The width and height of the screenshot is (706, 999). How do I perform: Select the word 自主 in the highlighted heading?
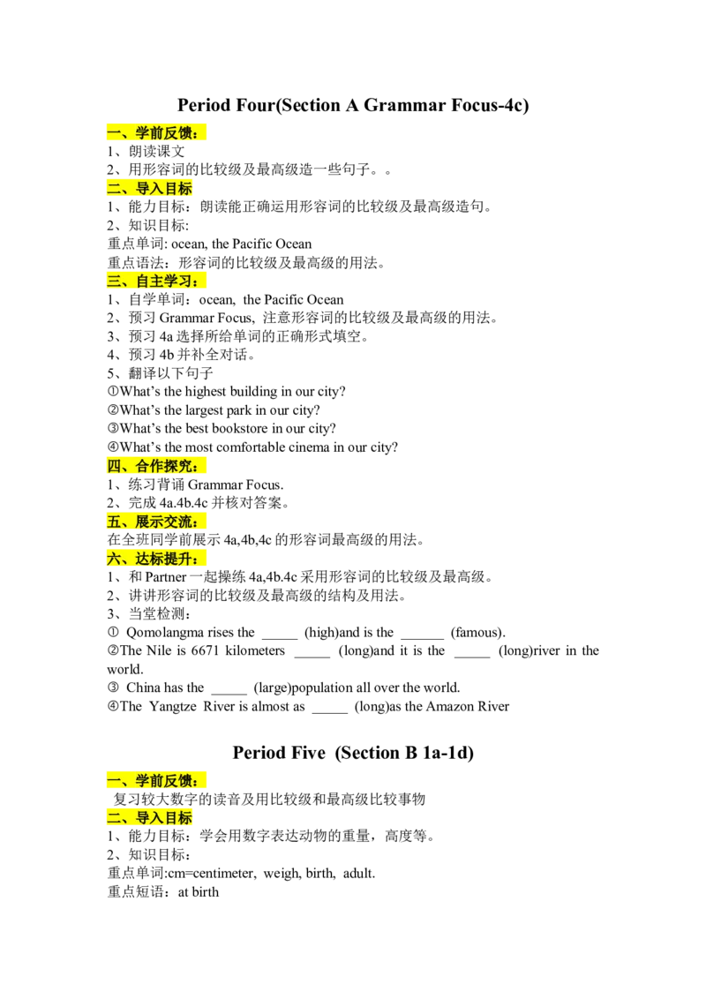point(149,282)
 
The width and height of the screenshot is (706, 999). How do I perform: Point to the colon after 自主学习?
point(204,282)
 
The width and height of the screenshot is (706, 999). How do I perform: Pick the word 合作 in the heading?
point(149,467)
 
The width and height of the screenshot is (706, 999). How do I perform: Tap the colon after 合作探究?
point(204,468)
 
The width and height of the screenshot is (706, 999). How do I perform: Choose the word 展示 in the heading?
point(149,522)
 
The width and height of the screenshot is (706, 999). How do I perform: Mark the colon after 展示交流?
point(204,522)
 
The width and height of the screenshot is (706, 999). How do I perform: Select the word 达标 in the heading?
point(149,560)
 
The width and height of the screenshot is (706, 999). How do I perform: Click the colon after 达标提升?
point(204,560)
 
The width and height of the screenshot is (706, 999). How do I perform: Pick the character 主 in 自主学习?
point(157,282)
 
